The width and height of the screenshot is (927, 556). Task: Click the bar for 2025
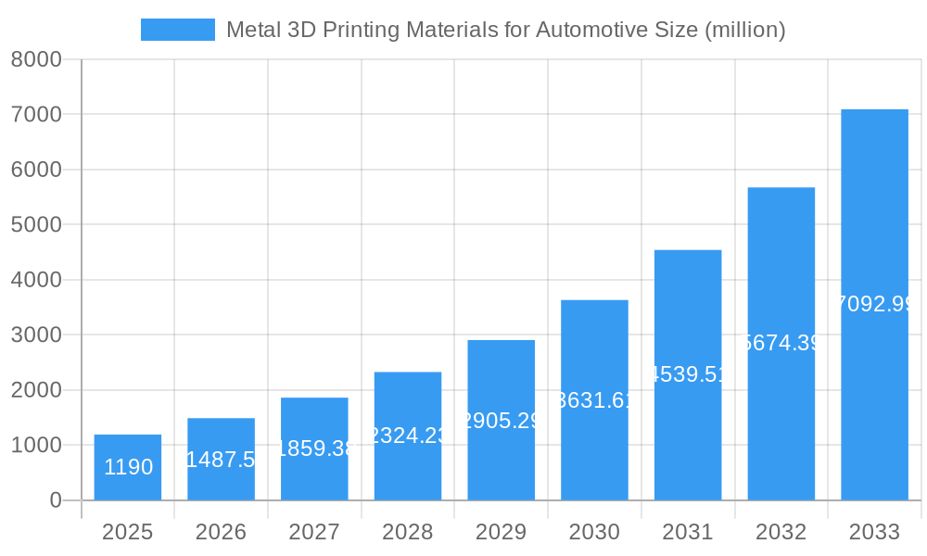pyautogui.click(x=128, y=467)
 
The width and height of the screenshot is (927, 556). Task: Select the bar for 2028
pyautogui.click(x=408, y=436)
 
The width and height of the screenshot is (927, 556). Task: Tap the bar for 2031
pyautogui.click(x=688, y=374)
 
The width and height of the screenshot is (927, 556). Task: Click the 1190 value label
pyautogui.click(x=128, y=467)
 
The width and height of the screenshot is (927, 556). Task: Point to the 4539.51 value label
pyautogui.click(x=688, y=374)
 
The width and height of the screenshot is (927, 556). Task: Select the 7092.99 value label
pyautogui.click(x=874, y=303)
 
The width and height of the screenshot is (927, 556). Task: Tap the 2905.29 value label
pyautogui.click(x=502, y=420)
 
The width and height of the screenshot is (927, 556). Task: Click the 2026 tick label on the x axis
pyautogui.click(x=221, y=532)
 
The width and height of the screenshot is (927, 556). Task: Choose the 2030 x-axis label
pyautogui.click(x=594, y=532)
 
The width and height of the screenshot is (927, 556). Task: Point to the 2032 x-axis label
pyautogui.click(x=781, y=532)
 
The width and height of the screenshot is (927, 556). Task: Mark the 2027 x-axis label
pyautogui.click(x=314, y=532)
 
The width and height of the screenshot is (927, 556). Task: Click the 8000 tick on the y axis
pyautogui.click(x=35, y=59)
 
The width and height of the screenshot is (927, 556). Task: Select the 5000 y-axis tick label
pyautogui.click(x=35, y=225)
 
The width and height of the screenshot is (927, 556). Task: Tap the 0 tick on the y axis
pyautogui.click(x=55, y=500)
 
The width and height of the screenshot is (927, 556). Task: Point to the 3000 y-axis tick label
pyautogui.click(x=35, y=335)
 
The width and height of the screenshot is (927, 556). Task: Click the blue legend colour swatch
pyautogui.click(x=177, y=30)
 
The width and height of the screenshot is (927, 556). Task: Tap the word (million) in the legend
pyautogui.click(x=745, y=30)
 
